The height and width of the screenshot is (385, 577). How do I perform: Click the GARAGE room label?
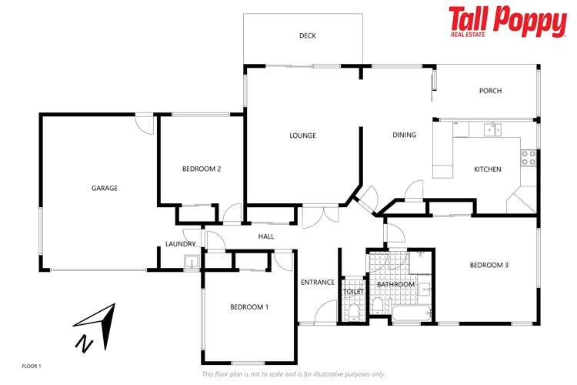coord(105,188)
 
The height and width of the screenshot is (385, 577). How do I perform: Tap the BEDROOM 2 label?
coord(202,169)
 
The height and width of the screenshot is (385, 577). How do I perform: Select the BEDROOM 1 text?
coord(249,306)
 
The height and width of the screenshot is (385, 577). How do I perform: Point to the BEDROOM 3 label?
coord(489,266)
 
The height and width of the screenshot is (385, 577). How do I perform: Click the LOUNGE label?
coord(302,136)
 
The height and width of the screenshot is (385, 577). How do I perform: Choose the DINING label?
coord(404,135)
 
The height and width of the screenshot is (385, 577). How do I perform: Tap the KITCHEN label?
coord(487,169)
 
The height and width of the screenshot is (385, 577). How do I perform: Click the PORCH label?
coord(490,91)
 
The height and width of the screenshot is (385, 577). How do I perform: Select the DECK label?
coord(308,35)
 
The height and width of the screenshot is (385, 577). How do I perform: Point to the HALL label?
coord(266,236)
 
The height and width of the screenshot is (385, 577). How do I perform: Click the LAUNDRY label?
coord(180,244)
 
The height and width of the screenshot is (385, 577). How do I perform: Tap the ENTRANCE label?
coord(317,283)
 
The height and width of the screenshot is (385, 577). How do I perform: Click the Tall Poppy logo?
coord(507,22)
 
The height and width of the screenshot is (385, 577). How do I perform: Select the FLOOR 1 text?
coord(31,366)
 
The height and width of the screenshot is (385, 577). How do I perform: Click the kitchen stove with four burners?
coord(529,158)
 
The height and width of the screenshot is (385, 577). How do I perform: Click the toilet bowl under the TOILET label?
coord(353,312)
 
